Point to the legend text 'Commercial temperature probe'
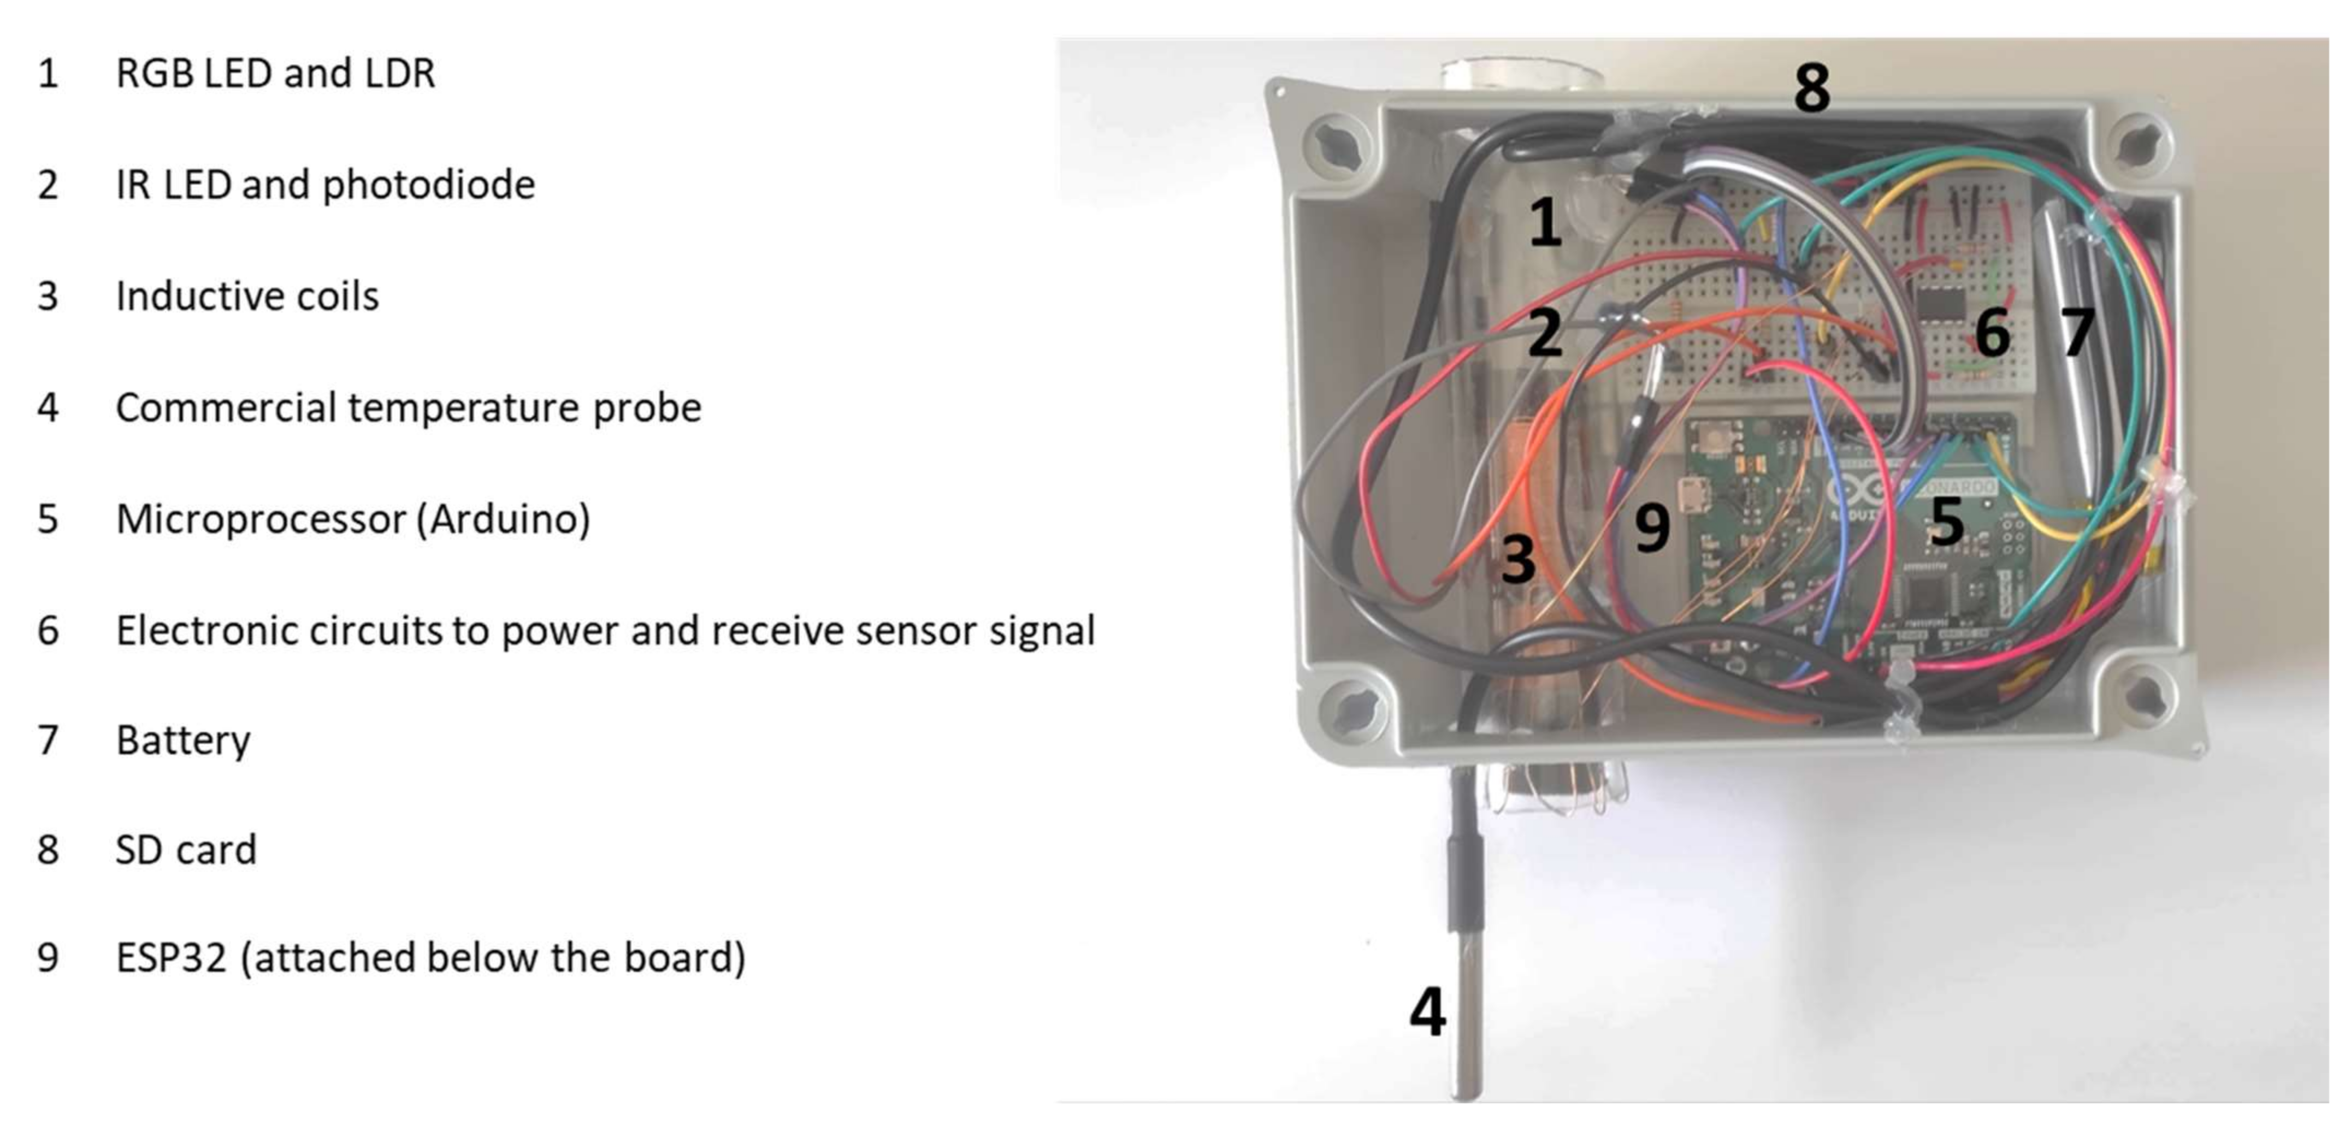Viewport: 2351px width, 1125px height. point(408,408)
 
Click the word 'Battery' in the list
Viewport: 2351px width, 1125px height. point(182,740)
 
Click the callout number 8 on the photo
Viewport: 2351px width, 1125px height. point(1812,88)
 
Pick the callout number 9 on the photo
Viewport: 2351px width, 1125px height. point(1652,528)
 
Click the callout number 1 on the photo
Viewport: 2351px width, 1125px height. point(1544,222)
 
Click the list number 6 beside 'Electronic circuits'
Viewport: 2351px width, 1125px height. point(49,630)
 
